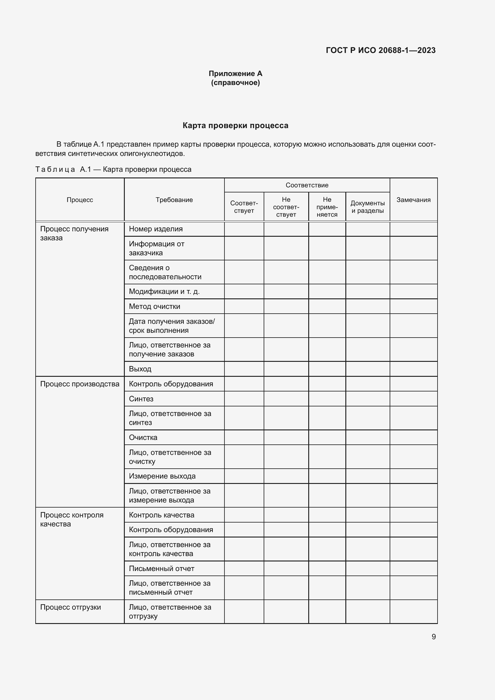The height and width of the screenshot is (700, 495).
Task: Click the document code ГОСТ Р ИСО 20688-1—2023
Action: click(380, 50)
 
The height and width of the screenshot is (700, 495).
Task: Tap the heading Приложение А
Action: click(235, 74)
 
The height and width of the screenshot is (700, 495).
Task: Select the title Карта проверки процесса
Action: click(235, 126)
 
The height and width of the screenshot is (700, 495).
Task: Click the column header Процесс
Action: click(80, 200)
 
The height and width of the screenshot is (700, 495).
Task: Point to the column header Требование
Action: click(174, 200)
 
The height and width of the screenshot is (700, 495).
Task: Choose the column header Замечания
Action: click(413, 200)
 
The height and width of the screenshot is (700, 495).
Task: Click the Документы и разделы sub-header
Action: click(367, 207)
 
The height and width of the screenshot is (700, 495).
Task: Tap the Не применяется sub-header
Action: click(327, 207)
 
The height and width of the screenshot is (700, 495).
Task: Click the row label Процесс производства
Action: click(80, 384)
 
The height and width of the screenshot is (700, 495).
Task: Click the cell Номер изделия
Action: click(156, 229)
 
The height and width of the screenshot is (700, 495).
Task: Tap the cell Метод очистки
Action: click(154, 306)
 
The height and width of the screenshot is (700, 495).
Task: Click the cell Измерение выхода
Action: click(162, 476)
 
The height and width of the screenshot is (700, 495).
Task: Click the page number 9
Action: click(433, 637)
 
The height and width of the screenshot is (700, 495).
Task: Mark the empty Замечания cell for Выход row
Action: click(413, 369)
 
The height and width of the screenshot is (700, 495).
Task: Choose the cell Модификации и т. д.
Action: click(164, 291)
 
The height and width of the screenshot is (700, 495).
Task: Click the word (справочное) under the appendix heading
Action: click(235, 83)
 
